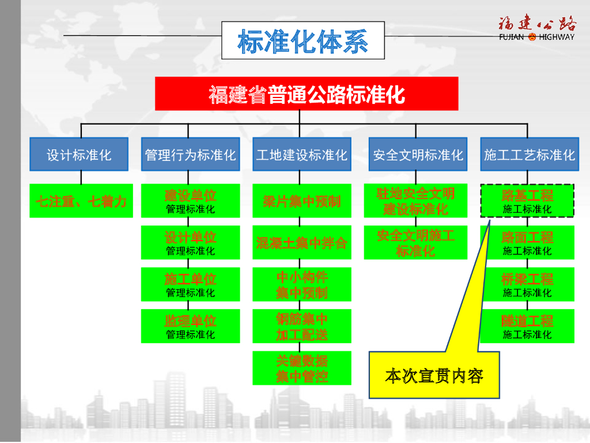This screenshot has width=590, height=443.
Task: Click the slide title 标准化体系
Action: (x=303, y=41)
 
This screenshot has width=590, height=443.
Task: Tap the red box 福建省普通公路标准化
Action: (x=307, y=93)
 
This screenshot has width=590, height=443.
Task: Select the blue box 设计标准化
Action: (x=79, y=155)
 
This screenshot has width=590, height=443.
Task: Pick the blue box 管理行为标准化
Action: (x=190, y=155)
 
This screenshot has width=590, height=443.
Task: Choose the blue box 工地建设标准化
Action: (x=301, y=155)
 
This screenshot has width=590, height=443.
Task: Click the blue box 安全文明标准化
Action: (x=418, y=155)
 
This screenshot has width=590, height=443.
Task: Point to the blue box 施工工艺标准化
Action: (x=529, y=155)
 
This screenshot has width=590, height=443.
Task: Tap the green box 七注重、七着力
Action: (x=81, y=201)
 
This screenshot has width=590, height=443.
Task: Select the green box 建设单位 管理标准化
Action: (x=190, y=201)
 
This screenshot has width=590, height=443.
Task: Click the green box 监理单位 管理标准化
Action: (x=190, y=326)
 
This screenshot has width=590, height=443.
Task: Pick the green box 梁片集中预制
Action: (x=301, y=201)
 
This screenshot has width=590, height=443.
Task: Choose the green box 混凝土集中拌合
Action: (x=301, y=243)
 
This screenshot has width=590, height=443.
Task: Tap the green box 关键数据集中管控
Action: (x=301, y=369)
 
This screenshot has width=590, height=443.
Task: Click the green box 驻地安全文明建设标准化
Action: (x=415, y=201)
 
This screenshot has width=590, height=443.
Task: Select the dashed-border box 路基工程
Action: (x=527, y=201)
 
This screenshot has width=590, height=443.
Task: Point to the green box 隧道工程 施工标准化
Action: (x=527, y=326)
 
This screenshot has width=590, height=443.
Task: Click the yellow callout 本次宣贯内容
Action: (x=434, y=376)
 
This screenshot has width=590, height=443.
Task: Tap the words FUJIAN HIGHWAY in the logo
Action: (x=536, y=37)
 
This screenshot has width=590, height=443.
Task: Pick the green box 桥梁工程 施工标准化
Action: (x=527, y=284)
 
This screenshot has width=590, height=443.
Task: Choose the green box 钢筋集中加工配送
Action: (x=301, y=326)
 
